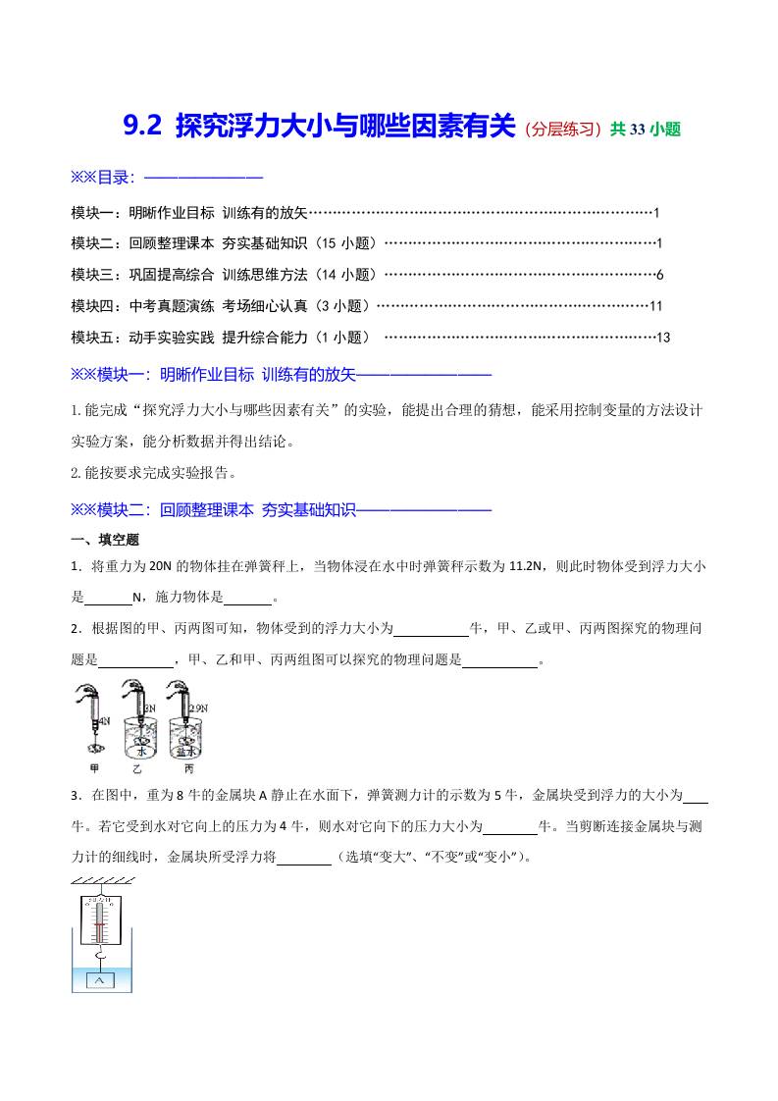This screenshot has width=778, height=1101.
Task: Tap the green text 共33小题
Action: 645,128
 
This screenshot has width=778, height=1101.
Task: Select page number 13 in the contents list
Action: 663,338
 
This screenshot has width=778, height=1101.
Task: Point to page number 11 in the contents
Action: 656,306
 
